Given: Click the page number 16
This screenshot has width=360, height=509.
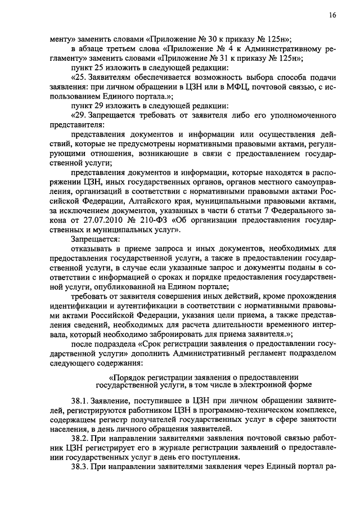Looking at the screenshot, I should tap(332, 16).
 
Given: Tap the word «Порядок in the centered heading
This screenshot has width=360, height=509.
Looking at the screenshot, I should tap(133, 376).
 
